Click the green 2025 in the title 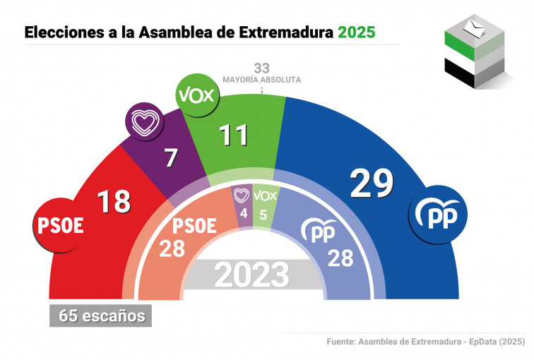coord(356,32)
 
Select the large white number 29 coord(372,184)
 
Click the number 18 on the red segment coord(114,200)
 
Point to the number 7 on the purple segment coord(170,157)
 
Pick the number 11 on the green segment coord(232,133)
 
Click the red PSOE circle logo coord(59,226)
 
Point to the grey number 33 coord(262,68)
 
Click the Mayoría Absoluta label coord(262,80)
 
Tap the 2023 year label coord(252,275)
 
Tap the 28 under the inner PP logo coord(340,258)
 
